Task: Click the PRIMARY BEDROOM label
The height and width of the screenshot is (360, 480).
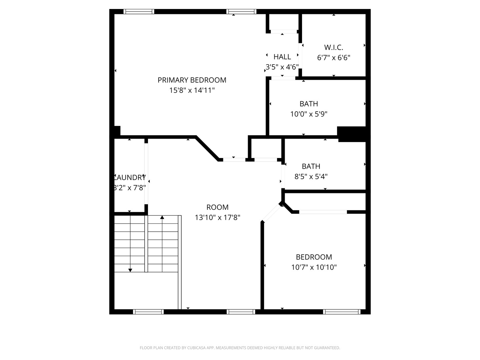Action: coord(192,80)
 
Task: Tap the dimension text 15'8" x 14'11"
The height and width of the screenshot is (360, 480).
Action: coord(192,90)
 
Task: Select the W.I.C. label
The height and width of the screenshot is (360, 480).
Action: coord(333,47)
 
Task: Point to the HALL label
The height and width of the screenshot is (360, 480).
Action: coord(282,57)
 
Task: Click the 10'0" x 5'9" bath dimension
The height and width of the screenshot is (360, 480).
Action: coord(309,114)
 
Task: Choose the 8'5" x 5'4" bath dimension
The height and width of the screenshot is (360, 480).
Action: coord(311,176)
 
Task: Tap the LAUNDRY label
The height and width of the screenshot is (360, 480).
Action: coord(130,177)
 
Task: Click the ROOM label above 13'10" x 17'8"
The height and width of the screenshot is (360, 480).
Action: coord(217,207)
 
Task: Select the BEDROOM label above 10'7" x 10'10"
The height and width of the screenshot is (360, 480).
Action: coord(314,257)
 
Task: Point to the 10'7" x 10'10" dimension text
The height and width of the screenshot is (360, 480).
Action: coord(314,267)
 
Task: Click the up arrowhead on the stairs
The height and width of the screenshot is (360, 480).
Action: coord(162,218)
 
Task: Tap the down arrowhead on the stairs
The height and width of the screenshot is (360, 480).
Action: coord(130,270)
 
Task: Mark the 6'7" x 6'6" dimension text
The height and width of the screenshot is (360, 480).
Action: coord(333,58)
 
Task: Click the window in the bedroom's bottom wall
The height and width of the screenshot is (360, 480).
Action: coord(342,312)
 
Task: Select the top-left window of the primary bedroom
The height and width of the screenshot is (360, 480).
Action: coord(139,12)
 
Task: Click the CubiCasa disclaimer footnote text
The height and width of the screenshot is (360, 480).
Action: coord(240,348)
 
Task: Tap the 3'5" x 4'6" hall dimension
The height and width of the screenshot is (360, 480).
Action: coord(282,67)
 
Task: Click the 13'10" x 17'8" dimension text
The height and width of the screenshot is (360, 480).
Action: coord(217,218)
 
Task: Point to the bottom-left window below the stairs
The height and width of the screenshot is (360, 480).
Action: coord(148,312)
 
